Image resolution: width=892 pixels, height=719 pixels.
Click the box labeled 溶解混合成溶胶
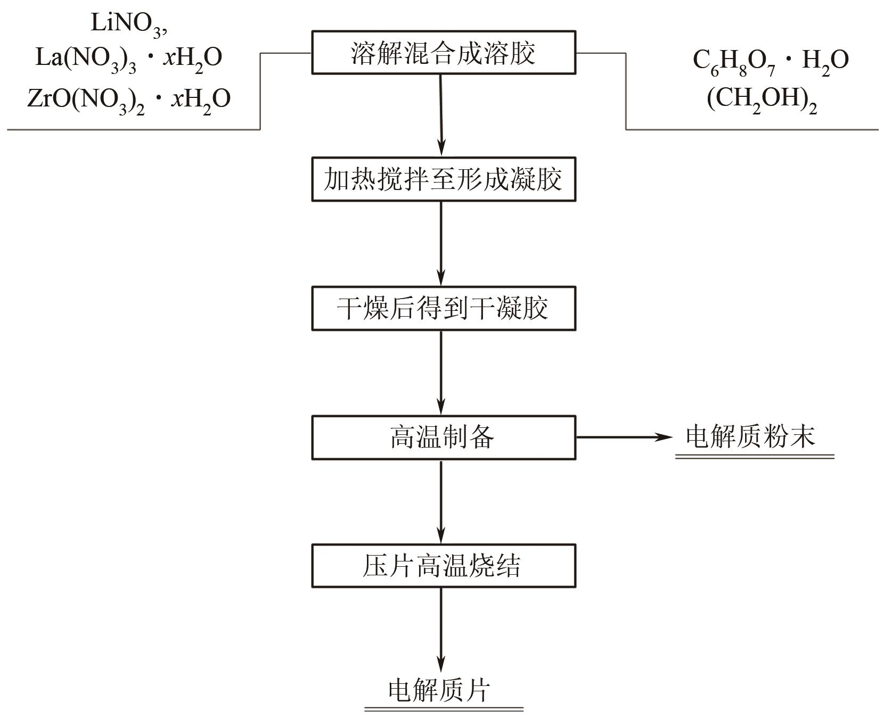(443, 53)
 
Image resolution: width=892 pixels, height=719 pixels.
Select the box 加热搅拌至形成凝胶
(443, 179)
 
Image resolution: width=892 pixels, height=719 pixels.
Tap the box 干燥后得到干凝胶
(443, 309)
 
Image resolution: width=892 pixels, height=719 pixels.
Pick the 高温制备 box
(443, 437)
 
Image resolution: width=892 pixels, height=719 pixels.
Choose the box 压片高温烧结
(443, 566)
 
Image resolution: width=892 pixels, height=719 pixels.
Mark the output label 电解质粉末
(750, 436)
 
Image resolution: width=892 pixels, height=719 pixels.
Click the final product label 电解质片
(439, 691)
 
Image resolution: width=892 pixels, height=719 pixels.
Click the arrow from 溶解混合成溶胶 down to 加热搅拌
(441, 114)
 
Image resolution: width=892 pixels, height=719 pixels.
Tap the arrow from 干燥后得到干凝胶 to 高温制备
(441, 373)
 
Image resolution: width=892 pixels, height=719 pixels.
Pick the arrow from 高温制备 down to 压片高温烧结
(441, 501)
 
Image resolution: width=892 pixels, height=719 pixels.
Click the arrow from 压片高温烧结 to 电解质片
(441, 631)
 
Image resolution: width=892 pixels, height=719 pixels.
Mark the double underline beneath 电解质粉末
(754, 457)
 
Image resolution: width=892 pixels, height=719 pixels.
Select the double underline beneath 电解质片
(444, 709)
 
